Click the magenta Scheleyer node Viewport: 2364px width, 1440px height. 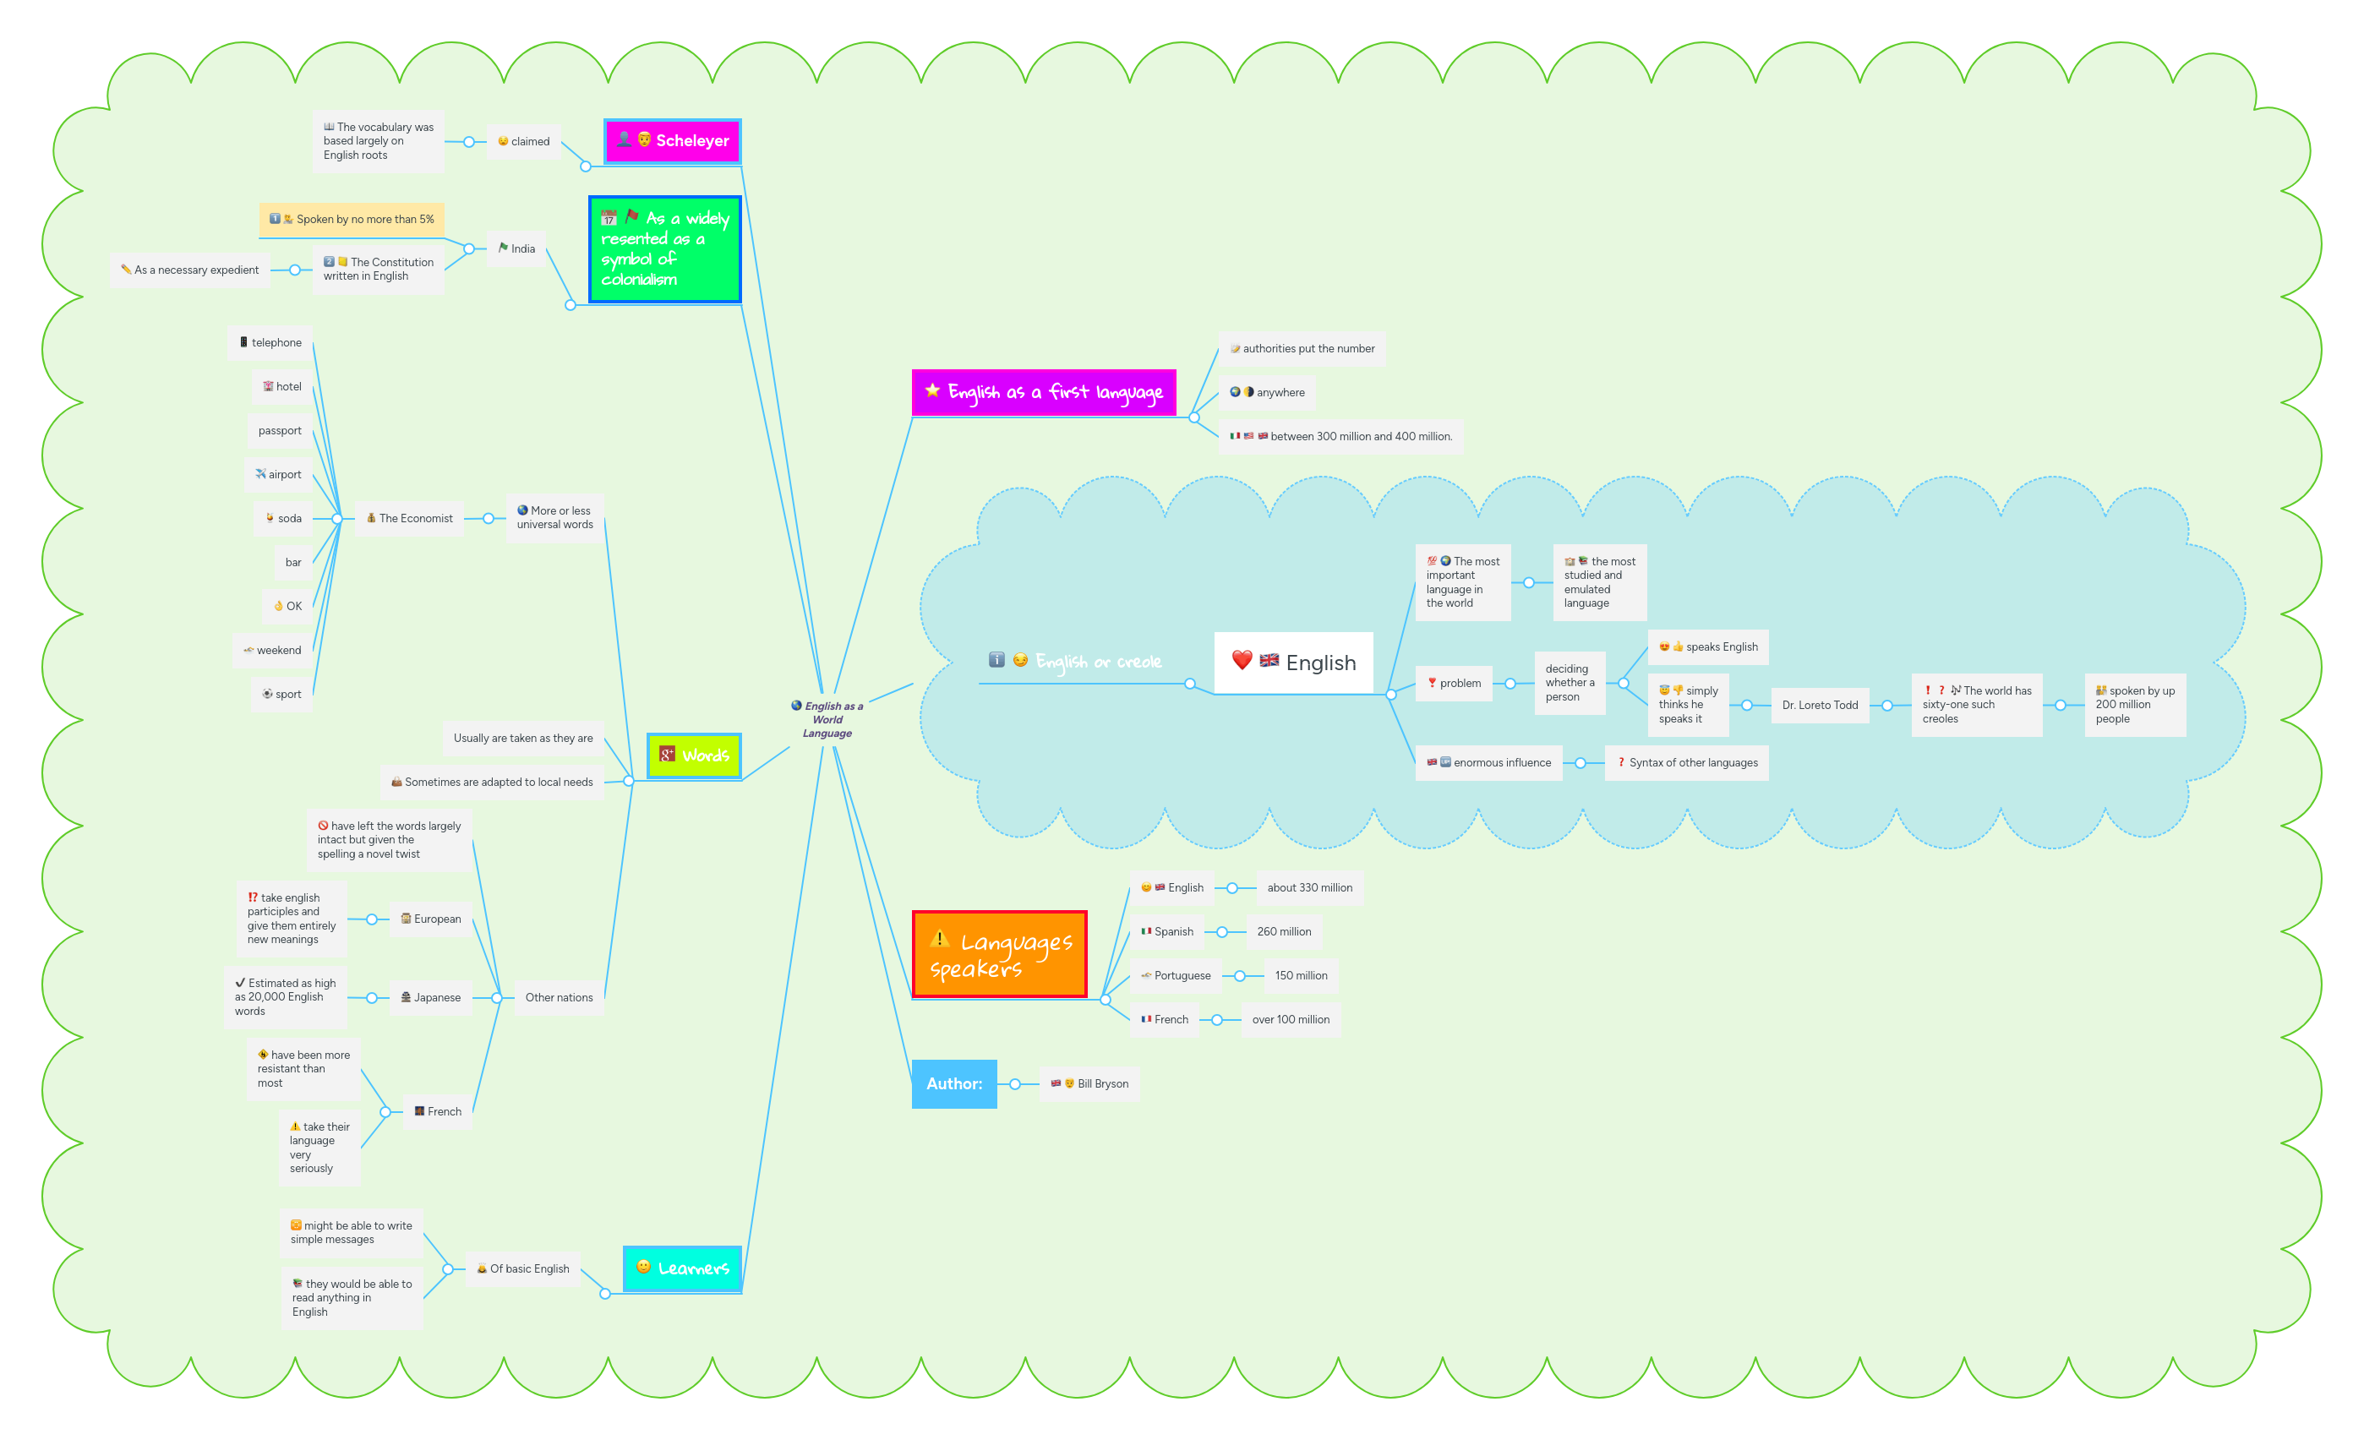673,141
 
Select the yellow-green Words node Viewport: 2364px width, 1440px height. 694,756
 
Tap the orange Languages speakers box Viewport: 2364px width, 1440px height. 999,955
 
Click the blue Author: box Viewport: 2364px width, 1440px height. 953,1084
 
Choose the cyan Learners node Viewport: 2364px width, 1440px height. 682,1268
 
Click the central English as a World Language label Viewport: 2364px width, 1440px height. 827,719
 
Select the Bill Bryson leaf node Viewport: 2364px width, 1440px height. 1090,1084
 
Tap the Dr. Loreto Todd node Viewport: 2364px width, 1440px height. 1819,705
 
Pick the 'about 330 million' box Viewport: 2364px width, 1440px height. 1308,888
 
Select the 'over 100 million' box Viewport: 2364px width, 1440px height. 1290,1020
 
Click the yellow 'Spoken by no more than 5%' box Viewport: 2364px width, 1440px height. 352,220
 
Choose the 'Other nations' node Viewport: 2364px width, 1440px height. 559,998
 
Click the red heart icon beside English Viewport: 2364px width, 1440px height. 1242,660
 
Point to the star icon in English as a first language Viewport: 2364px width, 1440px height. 931,390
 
